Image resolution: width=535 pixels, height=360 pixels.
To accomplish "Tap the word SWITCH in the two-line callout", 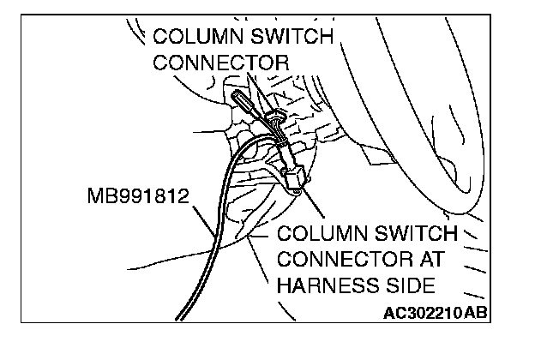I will pos(291,38).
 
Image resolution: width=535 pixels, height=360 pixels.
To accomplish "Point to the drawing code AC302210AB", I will pos(436,313).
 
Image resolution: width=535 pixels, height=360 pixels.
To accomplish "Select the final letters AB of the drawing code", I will pos(477,313).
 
